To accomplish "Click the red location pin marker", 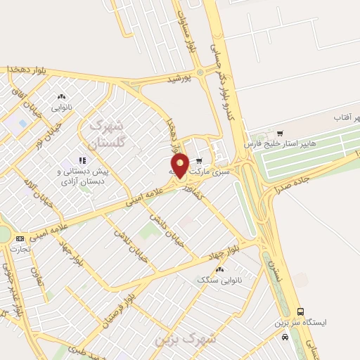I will point(180,165).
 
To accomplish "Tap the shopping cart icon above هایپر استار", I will point(281,133).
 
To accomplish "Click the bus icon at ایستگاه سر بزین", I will point(301,311).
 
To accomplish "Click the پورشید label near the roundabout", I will point(179,80).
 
